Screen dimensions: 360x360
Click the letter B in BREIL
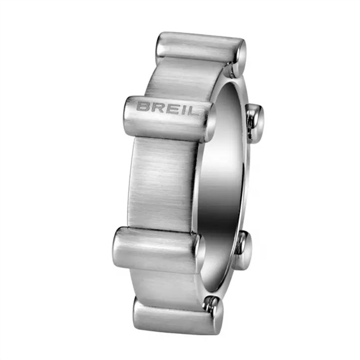[142, 107]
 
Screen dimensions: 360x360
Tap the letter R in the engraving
[156, 107]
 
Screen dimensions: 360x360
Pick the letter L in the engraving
[189, 110]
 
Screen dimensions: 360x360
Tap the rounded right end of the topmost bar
[240, 53]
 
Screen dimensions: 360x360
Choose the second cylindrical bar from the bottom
[158, 250]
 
